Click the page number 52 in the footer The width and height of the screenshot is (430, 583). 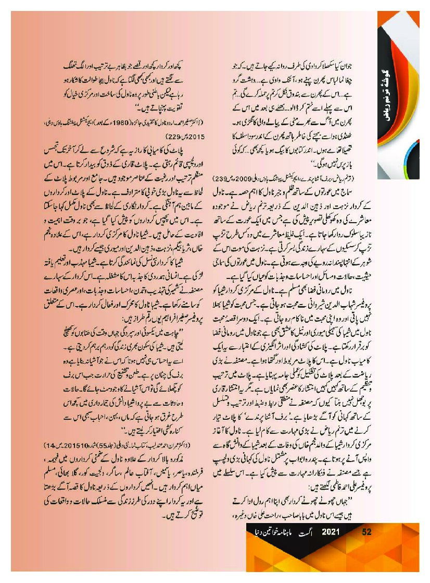pyautogui.click(x=366, y=532)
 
